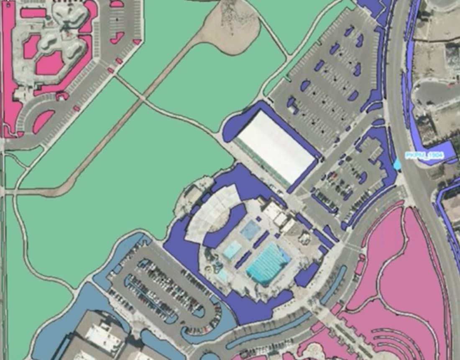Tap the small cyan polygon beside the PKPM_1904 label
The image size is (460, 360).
click(x=397, y=164)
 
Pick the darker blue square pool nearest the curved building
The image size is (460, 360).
click(x=250, y=230)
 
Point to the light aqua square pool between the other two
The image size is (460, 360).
click(x=232, y=250)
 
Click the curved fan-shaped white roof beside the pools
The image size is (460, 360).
click(x=209, y=213)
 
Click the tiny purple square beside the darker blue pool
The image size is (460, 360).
click(x=258, y=219)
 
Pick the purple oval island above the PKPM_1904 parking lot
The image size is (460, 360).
click(x=378, y=123)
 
